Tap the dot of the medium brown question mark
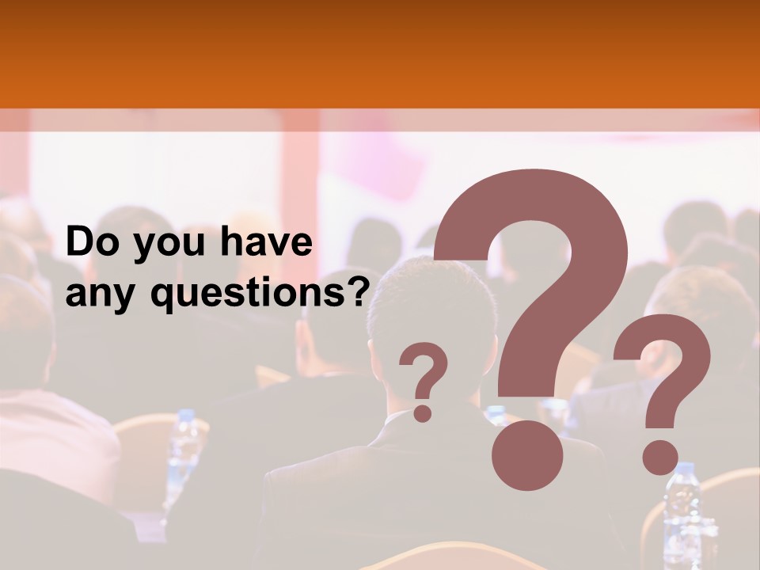point(659,457)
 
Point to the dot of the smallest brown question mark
point(424,412)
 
